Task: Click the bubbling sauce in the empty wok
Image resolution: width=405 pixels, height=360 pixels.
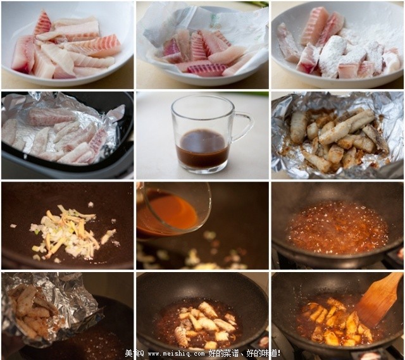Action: [337, 228]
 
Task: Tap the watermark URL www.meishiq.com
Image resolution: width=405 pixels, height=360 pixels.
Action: [169, 353]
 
